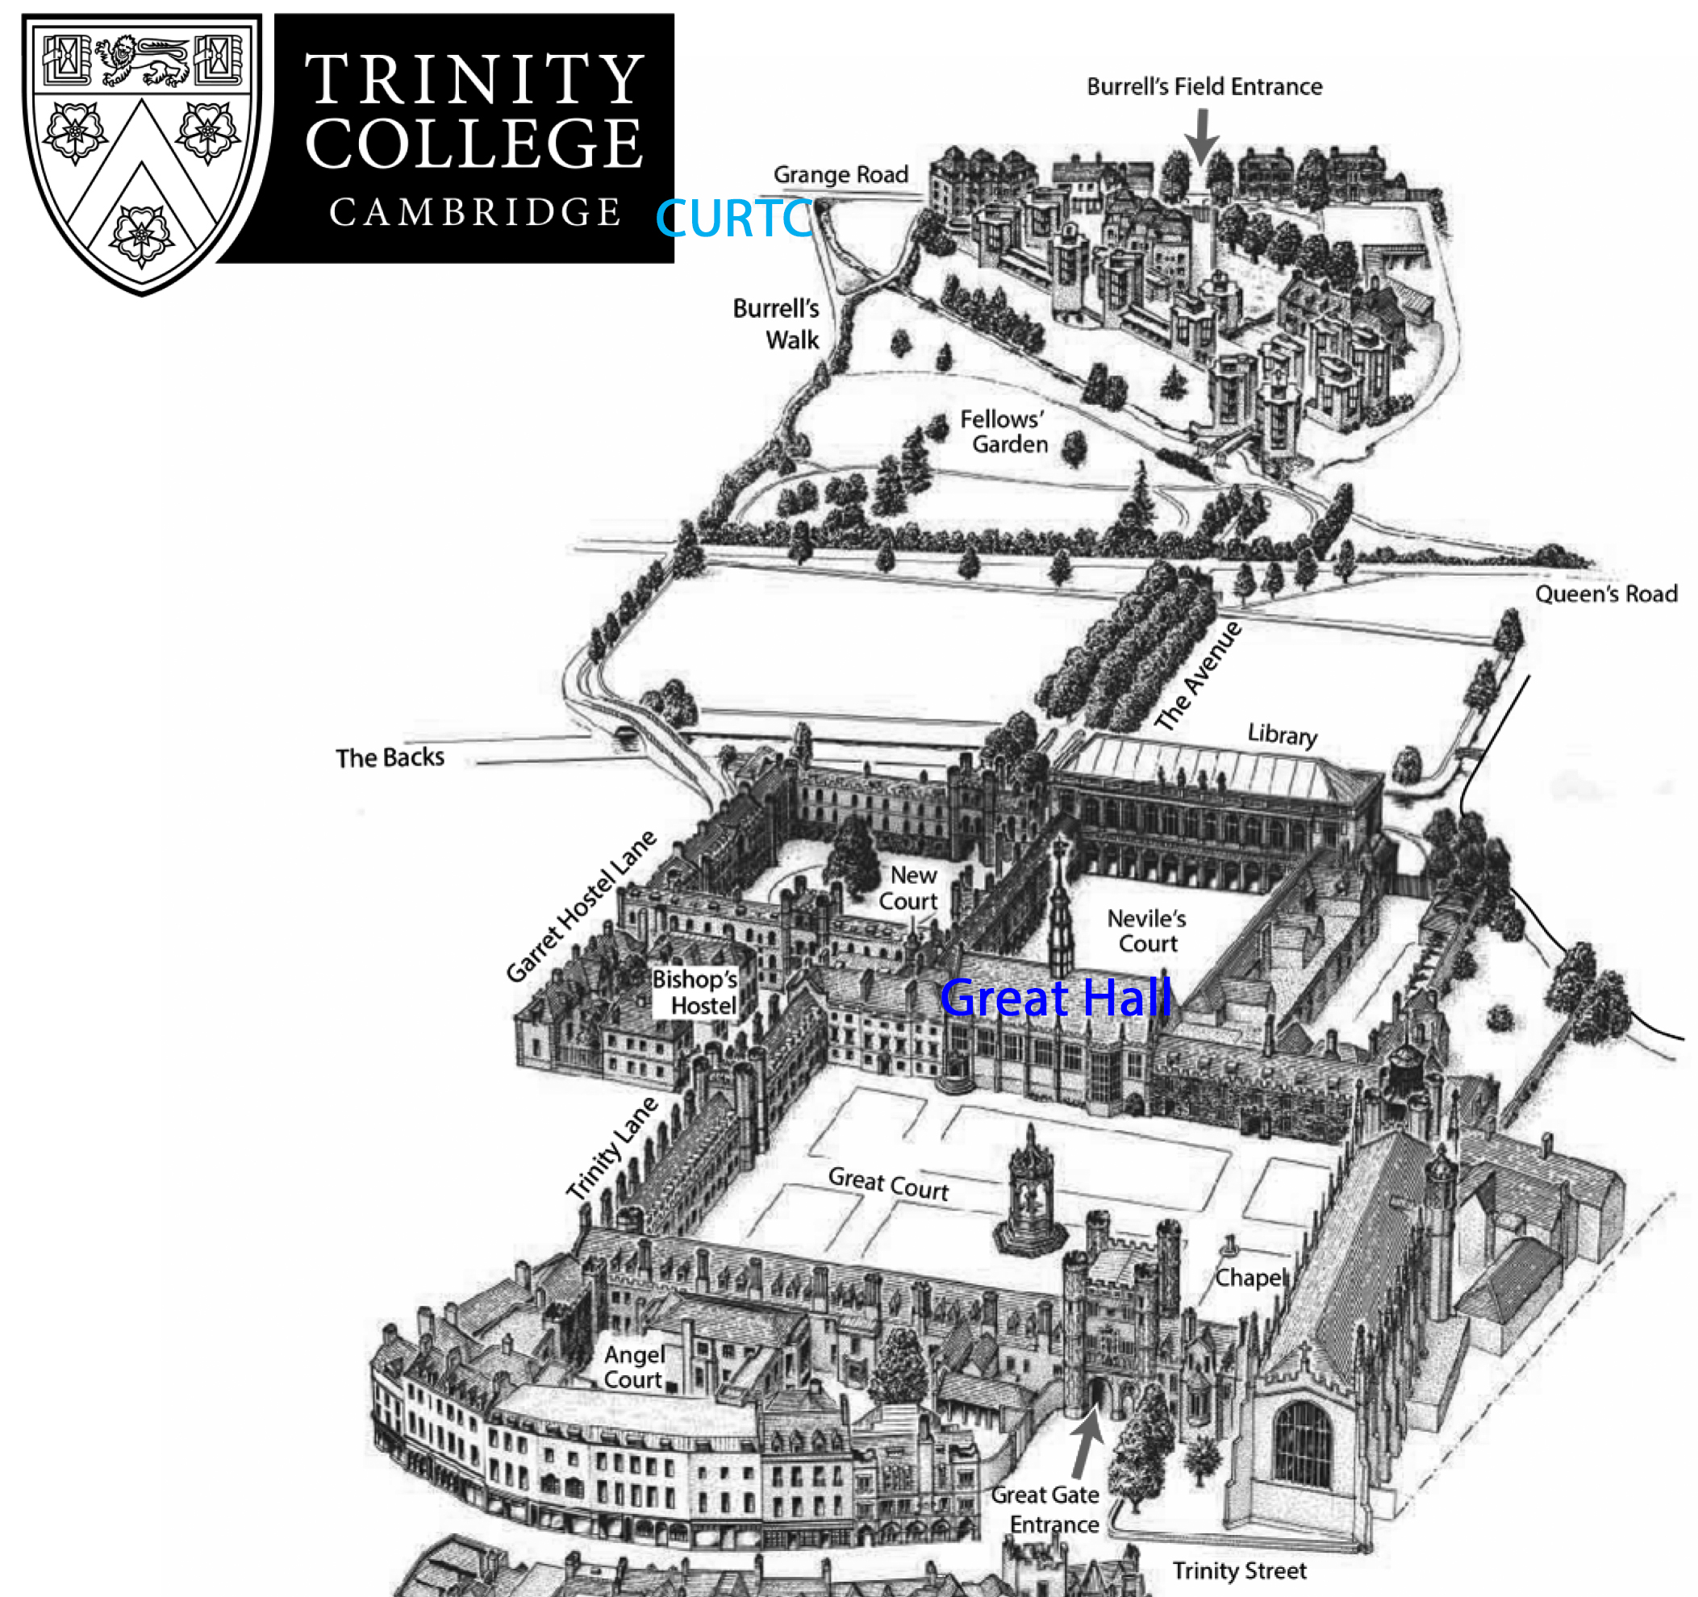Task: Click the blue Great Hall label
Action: point(1056,998)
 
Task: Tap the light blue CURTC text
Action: point(732,219)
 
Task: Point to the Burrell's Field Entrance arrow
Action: point(1203,136)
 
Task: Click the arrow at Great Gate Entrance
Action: point(1087,1444)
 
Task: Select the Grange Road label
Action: point(841,175)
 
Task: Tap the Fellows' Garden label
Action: point(1004,432)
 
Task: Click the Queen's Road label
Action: point(1606,594)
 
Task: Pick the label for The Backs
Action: point(390,757)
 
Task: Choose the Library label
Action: point(1282,735)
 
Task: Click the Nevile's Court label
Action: point(1147,931)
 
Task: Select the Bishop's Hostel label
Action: point(696,992)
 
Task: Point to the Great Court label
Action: point(888,1184)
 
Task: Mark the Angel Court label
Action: point(634,1367)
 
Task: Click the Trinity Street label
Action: point(1239,1570)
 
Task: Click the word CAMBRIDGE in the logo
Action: point(475,213)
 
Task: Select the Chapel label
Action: point(1249,1278)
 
